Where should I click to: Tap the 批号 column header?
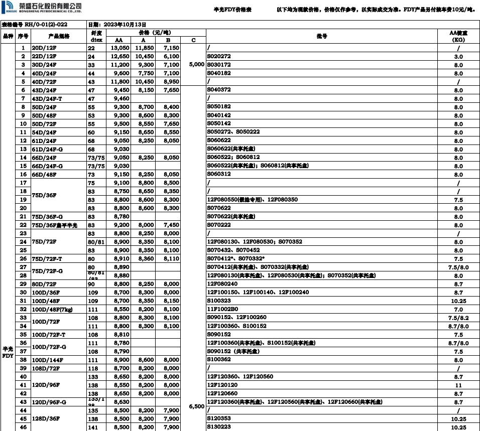pyautogui.click(x=322, y=36)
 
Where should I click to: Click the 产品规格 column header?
pyautogui.click(x=59, y=36)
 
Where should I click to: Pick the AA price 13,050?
pyautogui.click(x=119, y=48)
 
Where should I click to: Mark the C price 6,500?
pyautogui.click(x=197, y=406)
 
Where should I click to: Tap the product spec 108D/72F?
pyautogui.click(x=46, y=368)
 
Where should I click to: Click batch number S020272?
pyautogui.click(x=219, y=56)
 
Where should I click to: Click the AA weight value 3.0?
pyautogui.click(x=458, y=56)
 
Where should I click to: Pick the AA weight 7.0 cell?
pyautogui.click(x=458, y=309)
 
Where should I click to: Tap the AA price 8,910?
pyautogui.click(x=119, y=258)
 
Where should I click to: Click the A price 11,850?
pyautogui.click(x=143, y=48)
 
